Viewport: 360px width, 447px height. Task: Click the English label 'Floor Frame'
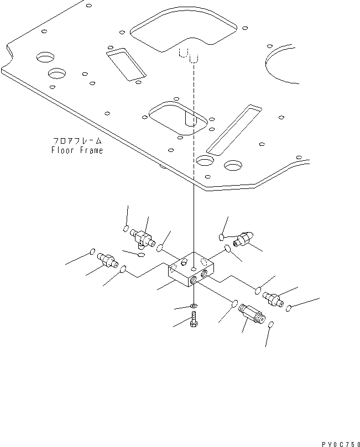[x=77, y=150]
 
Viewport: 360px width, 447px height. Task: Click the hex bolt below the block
[x=194, y=319]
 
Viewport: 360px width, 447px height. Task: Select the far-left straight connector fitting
[x=107, y=259]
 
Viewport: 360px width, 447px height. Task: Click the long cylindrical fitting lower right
[x=252, y=317]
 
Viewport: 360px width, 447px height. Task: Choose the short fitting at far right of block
[x=272, y=298]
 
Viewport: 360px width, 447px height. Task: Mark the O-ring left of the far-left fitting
[x=92, y=253]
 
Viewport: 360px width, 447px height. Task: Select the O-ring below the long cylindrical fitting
[x=270, y=327]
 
